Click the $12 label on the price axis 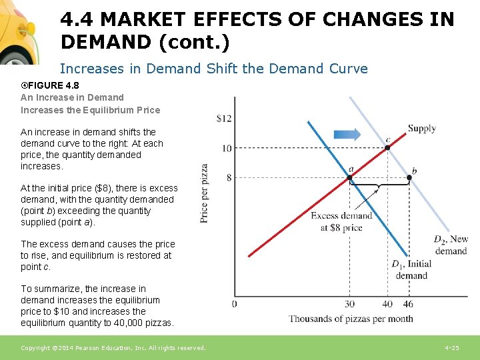[224, 119]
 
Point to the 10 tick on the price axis [227, 148]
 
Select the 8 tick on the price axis [229, 177]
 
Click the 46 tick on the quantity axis [408, 304]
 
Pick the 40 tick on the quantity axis [387, 304]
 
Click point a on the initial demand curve [350, 177]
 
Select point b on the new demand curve [409, 177]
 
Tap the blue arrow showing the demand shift [347, 134]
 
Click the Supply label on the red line [421, 129]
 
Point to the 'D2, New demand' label [451, 245]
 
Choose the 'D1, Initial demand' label [411, 269]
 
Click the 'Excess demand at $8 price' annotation [341, 221]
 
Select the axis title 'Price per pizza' [204, 193]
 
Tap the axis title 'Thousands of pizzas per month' [351, 319]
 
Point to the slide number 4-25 [451, 348]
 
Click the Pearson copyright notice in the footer [113, 348]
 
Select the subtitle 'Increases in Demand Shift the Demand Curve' [213, 68]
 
